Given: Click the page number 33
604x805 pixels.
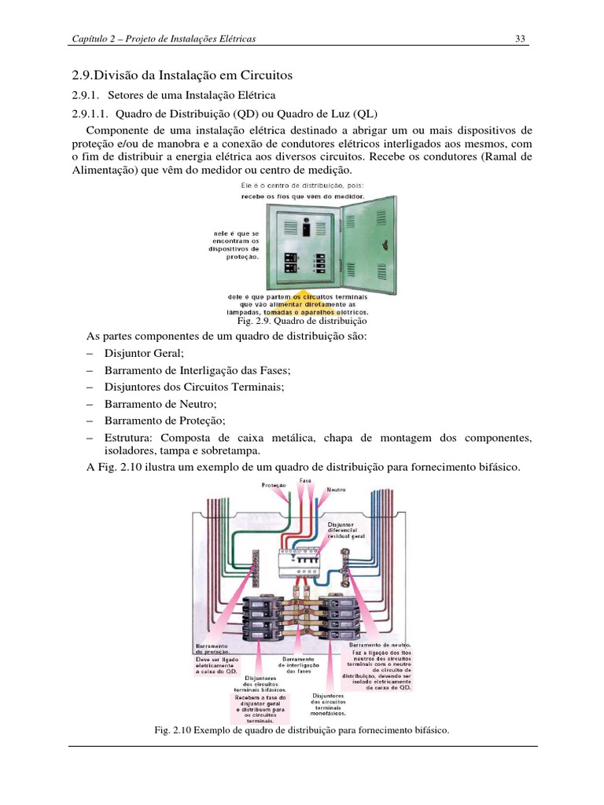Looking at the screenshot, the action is tap(520, 39).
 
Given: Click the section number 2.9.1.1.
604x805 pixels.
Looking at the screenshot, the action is tap(94, 112).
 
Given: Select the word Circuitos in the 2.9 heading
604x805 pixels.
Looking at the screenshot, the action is tap(265, 75).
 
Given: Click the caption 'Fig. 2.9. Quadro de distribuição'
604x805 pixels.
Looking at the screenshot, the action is tap(302, 322).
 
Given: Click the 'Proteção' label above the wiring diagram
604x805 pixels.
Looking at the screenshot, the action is tap(274, 486).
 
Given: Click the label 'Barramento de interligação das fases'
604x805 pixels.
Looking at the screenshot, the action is tap(299, 664).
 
